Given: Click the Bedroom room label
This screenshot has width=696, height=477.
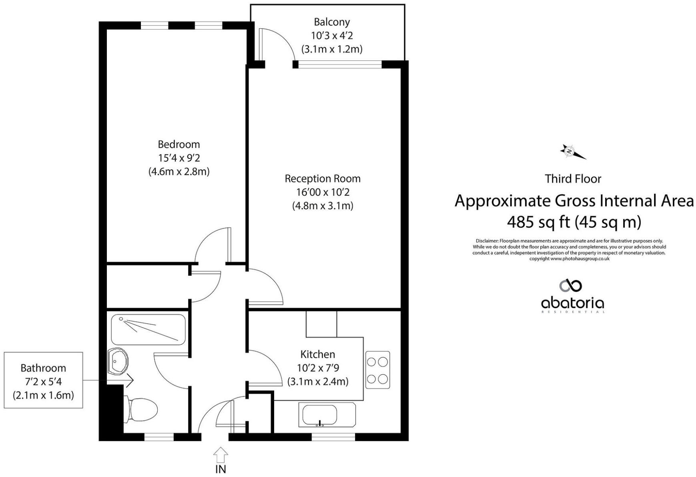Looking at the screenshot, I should coord(179,144).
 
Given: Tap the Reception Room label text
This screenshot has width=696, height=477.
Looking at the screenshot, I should coord(323,179).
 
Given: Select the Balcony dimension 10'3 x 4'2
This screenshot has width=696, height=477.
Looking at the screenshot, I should coord(332,36).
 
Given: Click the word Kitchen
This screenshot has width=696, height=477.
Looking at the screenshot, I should coord(317,355).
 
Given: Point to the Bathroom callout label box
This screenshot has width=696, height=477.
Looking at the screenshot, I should coord(43,380).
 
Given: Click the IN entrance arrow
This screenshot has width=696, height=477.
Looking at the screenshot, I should coord(221,456).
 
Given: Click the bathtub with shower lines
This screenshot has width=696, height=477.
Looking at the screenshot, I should coord(148,330).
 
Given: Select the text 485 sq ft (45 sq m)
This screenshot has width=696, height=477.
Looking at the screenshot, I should coord(574,222).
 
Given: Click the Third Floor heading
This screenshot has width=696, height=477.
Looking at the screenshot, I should coord(573,179).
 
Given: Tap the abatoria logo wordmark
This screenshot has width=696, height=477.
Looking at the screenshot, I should coord(572,304).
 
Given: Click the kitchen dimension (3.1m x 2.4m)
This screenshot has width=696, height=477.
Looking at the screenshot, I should coord(318,382).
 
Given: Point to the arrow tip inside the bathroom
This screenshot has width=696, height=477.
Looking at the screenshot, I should coord(132,380).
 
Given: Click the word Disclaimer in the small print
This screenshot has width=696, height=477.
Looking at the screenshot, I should coord(487,241).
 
